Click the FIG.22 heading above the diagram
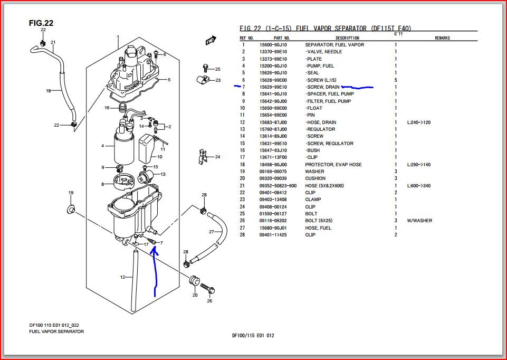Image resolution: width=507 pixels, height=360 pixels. [41, 23]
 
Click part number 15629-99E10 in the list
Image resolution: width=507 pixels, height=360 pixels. [273, 87]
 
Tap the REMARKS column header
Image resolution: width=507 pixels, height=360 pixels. [442, 38]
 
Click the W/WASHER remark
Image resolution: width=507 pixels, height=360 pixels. [419, 221]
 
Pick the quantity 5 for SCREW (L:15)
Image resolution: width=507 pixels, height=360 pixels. [396, 80]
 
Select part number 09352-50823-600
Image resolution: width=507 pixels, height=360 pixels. [278, 186]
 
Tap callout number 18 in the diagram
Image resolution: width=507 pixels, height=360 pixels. [48, 91]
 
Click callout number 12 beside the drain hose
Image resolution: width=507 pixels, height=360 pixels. [122, 277]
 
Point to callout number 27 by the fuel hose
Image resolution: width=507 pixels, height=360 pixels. [211, 232]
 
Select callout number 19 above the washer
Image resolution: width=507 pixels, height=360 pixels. [71, 193]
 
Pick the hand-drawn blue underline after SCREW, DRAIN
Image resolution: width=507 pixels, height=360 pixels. [357, 87]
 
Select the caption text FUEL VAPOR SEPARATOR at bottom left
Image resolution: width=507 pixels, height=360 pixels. [56, 331]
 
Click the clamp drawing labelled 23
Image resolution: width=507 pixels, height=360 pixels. [200, 80]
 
